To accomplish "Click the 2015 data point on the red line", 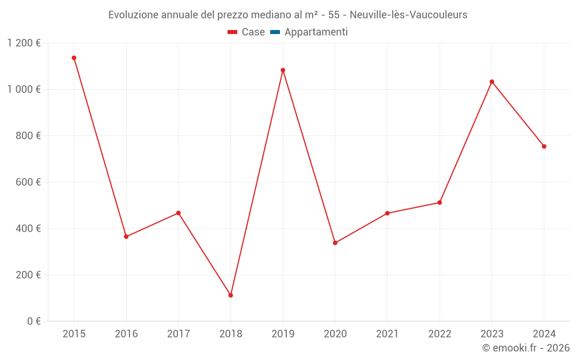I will (74, 58).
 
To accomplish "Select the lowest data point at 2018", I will (230, 295).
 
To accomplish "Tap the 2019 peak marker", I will (283, 70).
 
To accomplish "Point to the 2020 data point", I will (335, 243).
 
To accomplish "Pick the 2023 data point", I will (492, 82).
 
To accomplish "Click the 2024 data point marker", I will (544, 146).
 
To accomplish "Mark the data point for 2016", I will (126, 237).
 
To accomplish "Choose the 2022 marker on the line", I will (439, 203).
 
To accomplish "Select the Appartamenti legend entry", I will (316, 32).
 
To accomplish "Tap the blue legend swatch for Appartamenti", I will (275, 32).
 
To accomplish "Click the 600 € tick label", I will (30, 182).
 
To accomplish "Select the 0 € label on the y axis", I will (35, 321).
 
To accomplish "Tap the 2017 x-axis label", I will (179, 334).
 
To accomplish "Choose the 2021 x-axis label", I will (387, 334).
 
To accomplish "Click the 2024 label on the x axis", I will (544, 334).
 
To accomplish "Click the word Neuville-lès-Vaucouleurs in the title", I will (408, 15).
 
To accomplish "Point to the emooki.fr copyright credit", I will (525, 348).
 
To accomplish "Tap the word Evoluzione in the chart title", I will (131, 15).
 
